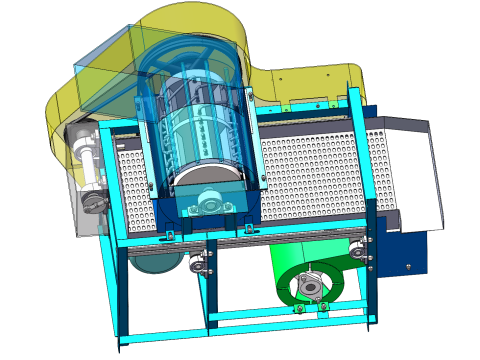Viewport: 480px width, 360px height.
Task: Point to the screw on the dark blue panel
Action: [x=409, y=265]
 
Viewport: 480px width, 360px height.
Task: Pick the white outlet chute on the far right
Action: [x=415, y=175]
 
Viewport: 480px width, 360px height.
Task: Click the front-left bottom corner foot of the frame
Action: [x=124, y=345]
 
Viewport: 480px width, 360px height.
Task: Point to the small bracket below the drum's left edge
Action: [x=170, y=236]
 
